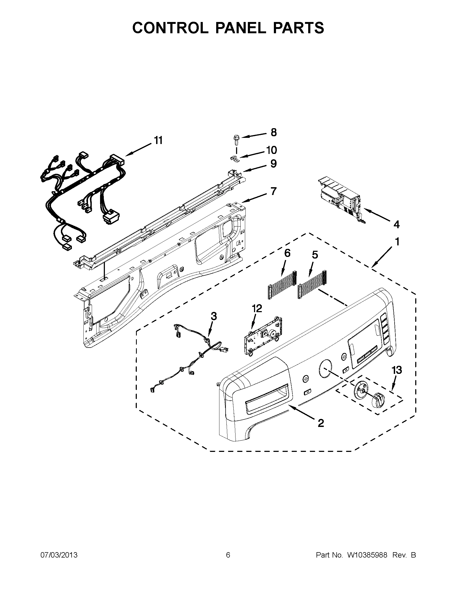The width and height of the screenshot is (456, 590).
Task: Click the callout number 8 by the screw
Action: point(274,132)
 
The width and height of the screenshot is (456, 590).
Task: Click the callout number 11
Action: point(158,141)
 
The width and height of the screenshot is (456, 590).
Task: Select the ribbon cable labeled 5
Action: point(312,285)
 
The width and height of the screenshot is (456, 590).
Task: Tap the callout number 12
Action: point(257,308)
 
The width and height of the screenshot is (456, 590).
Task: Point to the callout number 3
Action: point(214,316)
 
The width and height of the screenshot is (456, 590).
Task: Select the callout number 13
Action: point(396,370)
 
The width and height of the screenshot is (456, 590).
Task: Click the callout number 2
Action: point(321,423)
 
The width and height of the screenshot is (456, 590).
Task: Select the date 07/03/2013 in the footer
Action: point(59,555)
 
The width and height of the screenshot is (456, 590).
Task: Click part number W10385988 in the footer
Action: point(367,555)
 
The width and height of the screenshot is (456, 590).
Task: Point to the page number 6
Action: point(228,555)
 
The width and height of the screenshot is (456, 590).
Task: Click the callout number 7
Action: point(273,191)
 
